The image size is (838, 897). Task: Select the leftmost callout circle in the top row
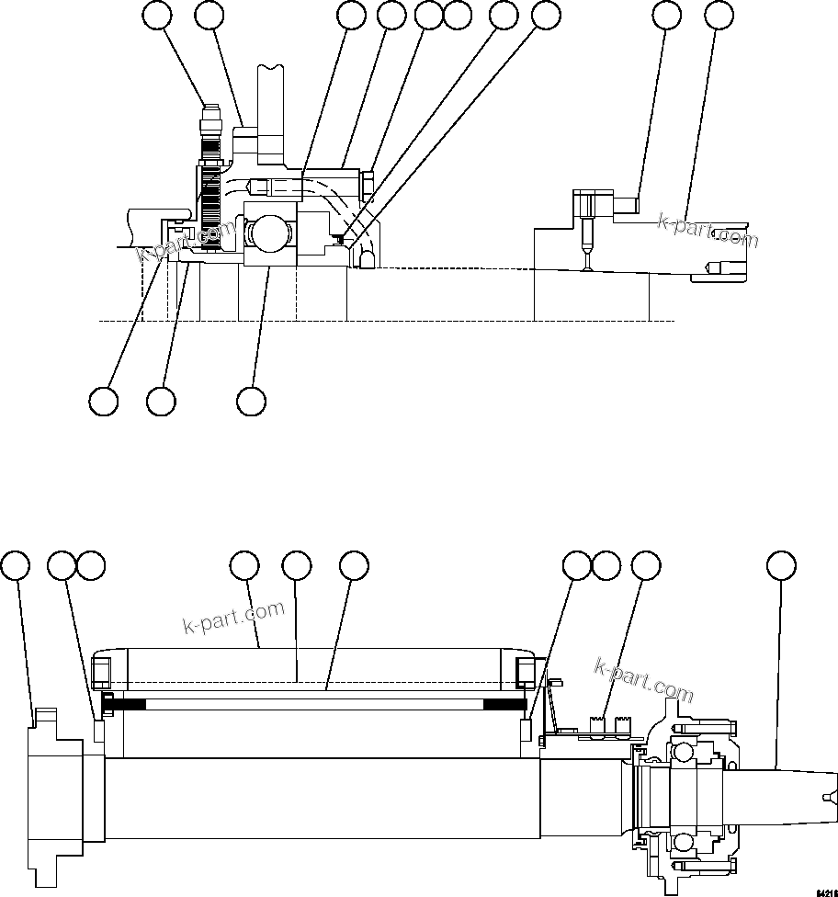[x=157, y=15]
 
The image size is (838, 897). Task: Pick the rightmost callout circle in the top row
[x=719, y=15]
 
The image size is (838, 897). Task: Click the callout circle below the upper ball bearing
[x=251, y=401]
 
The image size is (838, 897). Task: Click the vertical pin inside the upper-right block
[x=586, y=242]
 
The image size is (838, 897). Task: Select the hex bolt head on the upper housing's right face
[x=368, y=183]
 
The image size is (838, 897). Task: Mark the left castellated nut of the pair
[x=600, y=727]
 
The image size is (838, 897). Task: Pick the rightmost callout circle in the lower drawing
[x=781, y=566]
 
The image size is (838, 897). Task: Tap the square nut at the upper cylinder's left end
[x=102, y=671]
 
